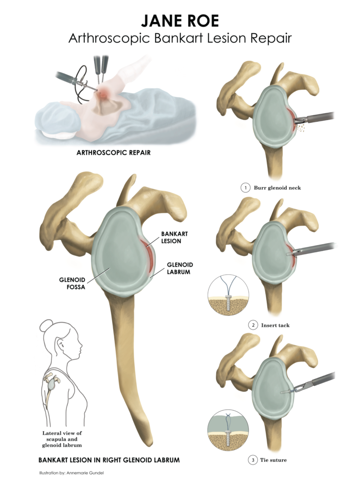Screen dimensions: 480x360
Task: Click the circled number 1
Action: tap(245, 188)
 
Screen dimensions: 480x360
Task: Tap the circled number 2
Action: tap(253, 325)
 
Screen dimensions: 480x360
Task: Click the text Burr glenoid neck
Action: tap(277, 188)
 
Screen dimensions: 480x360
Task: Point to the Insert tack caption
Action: tap(276, 325)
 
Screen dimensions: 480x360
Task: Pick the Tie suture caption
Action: tap(274, 460)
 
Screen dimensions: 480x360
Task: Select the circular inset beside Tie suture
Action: tap(228, 431)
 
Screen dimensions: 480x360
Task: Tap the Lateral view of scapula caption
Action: tap(62, 439)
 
